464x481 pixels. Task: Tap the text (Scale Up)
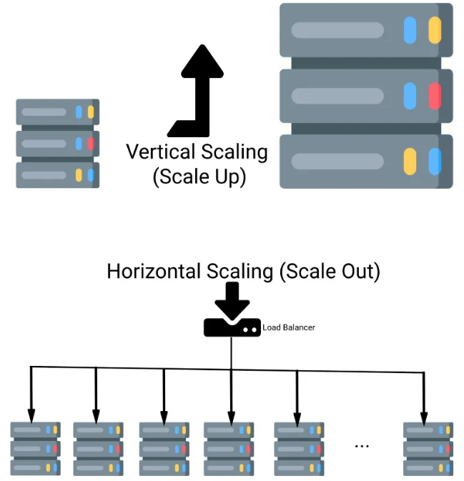coord(199,177)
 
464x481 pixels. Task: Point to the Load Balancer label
coord(289,327)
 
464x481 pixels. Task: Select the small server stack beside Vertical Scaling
coord(57,143)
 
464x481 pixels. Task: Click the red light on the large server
coord(434,96)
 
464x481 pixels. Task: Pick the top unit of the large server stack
coord(365,31)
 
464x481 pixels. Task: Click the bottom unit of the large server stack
coord(365,161)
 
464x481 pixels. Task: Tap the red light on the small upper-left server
coord(91,144)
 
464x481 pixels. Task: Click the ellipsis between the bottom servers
coord(362,445)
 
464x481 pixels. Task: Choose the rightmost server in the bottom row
coord(428,448)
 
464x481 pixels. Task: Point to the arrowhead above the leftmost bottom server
coord(31,414)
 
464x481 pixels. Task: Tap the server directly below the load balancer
coord(229,448)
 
